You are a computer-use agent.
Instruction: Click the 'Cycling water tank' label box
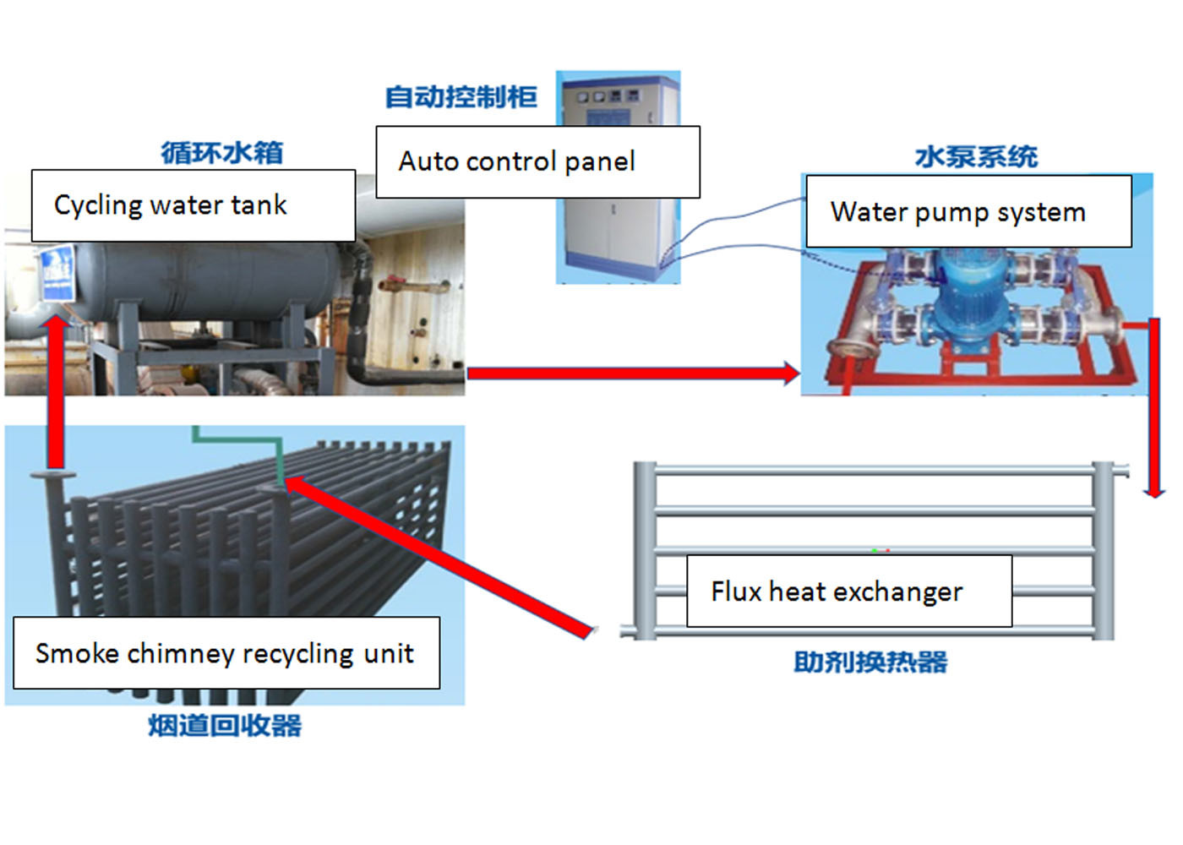[193, 205]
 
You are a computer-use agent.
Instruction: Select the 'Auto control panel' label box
[537, 161]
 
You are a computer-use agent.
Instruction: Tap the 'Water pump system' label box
[968, 211]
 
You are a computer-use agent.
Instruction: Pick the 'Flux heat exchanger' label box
[848, 591]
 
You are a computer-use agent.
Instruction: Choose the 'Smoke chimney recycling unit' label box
[226, 652]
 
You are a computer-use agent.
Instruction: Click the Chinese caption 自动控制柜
[461, 96]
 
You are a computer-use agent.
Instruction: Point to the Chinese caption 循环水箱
[222, 152]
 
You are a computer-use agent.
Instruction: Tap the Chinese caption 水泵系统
[976, 156]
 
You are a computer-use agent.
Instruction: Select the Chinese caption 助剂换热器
[870, 662]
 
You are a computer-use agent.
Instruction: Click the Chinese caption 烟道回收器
[225, 725]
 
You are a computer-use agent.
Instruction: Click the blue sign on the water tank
[57, 270]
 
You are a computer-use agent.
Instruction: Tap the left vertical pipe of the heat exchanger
[645, 549]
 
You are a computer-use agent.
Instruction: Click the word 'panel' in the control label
[599, 161]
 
